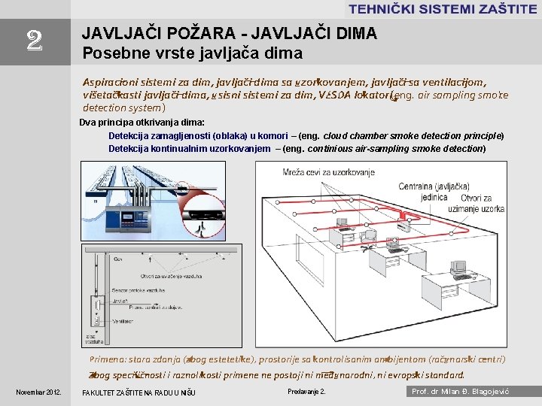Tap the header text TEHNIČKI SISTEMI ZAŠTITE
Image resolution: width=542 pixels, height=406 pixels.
point(442,9)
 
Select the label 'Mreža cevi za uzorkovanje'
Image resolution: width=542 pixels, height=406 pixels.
point(328,173)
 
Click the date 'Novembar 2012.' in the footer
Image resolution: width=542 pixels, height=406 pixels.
point(39,392)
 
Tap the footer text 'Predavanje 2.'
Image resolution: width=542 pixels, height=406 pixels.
point(306,392)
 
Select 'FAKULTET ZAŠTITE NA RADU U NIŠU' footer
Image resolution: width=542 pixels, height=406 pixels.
point(139,392)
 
